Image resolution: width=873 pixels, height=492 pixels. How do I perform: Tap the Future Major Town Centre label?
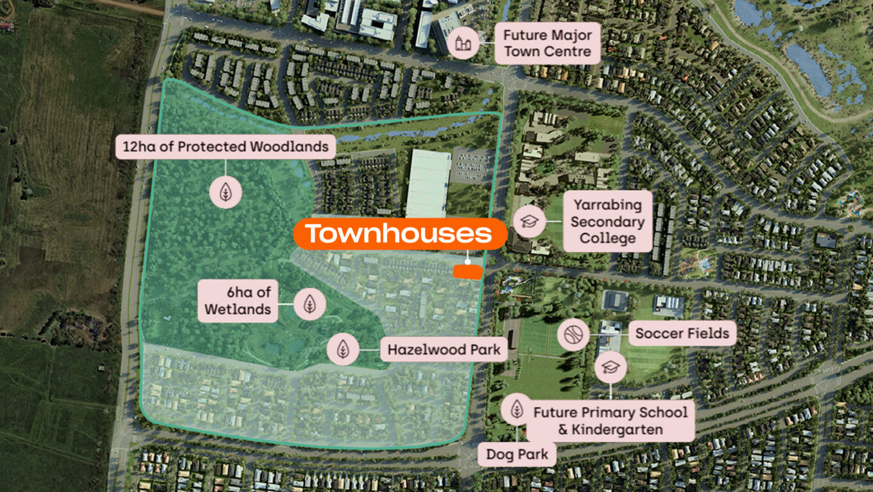(548, 43)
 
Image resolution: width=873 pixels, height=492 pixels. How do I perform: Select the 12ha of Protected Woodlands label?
(225, 146)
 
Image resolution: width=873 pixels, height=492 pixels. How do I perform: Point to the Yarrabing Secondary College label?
(607, 222)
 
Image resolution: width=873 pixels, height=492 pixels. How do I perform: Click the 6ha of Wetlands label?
(238, 301)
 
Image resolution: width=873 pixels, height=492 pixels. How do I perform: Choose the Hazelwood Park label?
(443, 351)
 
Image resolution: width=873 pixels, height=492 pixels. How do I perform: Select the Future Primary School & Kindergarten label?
(610, 420)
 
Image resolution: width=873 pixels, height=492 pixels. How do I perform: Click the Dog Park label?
(517, 455)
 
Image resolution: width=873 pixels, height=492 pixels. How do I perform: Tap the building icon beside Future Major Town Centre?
(462, 44)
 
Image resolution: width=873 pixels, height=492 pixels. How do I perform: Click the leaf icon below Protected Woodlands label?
(225, 191)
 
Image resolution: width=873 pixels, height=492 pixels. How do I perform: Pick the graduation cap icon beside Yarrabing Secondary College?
(530, 222)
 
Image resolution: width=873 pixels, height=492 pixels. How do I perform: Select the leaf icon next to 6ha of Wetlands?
(309, 303)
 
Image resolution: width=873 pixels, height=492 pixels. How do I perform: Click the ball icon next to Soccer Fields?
(573, 334)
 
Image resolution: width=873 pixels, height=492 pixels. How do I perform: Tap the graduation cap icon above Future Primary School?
(610, 367)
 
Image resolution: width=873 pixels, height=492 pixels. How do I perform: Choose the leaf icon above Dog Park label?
(517, 409)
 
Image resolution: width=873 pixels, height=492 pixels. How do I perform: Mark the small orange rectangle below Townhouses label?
(467, 272)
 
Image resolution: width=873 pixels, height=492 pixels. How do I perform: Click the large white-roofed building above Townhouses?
(428, 182)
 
